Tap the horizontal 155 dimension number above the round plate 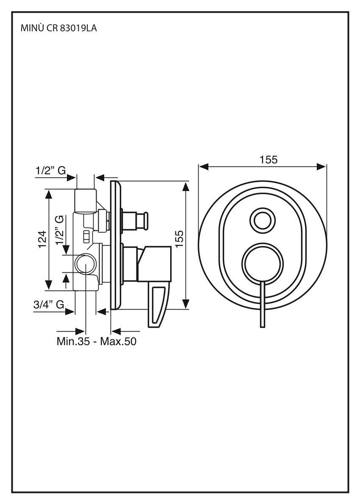(x=269, y=160)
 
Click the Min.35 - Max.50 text (x=97, y=341)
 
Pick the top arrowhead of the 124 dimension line (x=49, y=194)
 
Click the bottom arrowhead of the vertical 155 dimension (x=186, y=304)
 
